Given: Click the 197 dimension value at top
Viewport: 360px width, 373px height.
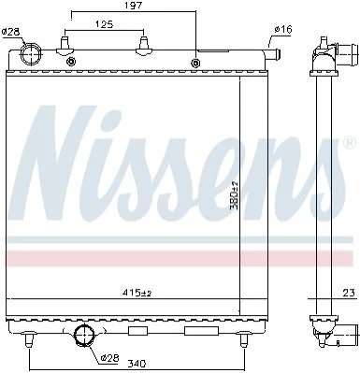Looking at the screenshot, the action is [x=134, y=6].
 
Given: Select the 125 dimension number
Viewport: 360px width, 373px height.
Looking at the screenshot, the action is [x=104, y=24].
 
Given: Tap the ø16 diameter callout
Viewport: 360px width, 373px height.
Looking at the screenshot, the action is [x=283, y=30].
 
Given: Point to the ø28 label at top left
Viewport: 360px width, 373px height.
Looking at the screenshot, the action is [x=10, y=32].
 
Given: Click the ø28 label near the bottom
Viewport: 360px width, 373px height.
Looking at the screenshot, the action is [x=110, y=358].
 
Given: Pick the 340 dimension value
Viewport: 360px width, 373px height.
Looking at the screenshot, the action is [x=137, y=364].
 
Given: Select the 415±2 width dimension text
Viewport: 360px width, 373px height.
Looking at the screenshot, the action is [x=137, y=293].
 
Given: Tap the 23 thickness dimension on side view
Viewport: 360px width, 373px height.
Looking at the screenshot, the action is [x=349, y=293].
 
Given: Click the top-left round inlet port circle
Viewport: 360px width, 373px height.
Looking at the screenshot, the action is [x=31, y=53].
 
